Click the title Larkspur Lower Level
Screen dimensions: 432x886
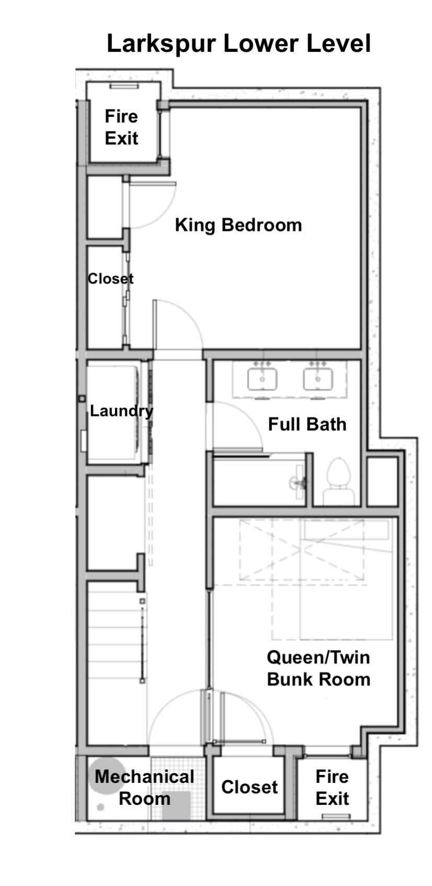coord(238,43)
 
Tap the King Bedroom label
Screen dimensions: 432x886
coord(238,225)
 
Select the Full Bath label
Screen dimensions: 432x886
coord(307,424)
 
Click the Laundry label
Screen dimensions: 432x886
coord(121,412)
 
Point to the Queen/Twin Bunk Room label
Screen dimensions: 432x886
coord(319,668)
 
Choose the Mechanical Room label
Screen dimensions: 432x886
coord(144,787)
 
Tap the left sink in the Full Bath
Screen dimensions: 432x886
coord(262,379)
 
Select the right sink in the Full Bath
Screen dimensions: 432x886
coord(318,379)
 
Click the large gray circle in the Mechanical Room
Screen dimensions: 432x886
coord(105,774)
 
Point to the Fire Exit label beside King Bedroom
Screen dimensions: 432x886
coord(121,127)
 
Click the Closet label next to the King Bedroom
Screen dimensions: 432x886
coord(110,279)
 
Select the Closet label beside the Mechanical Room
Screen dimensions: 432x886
coord(249,787)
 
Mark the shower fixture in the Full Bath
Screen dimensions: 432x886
coord(299,482)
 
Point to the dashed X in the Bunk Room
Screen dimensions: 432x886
coord(301,550)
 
